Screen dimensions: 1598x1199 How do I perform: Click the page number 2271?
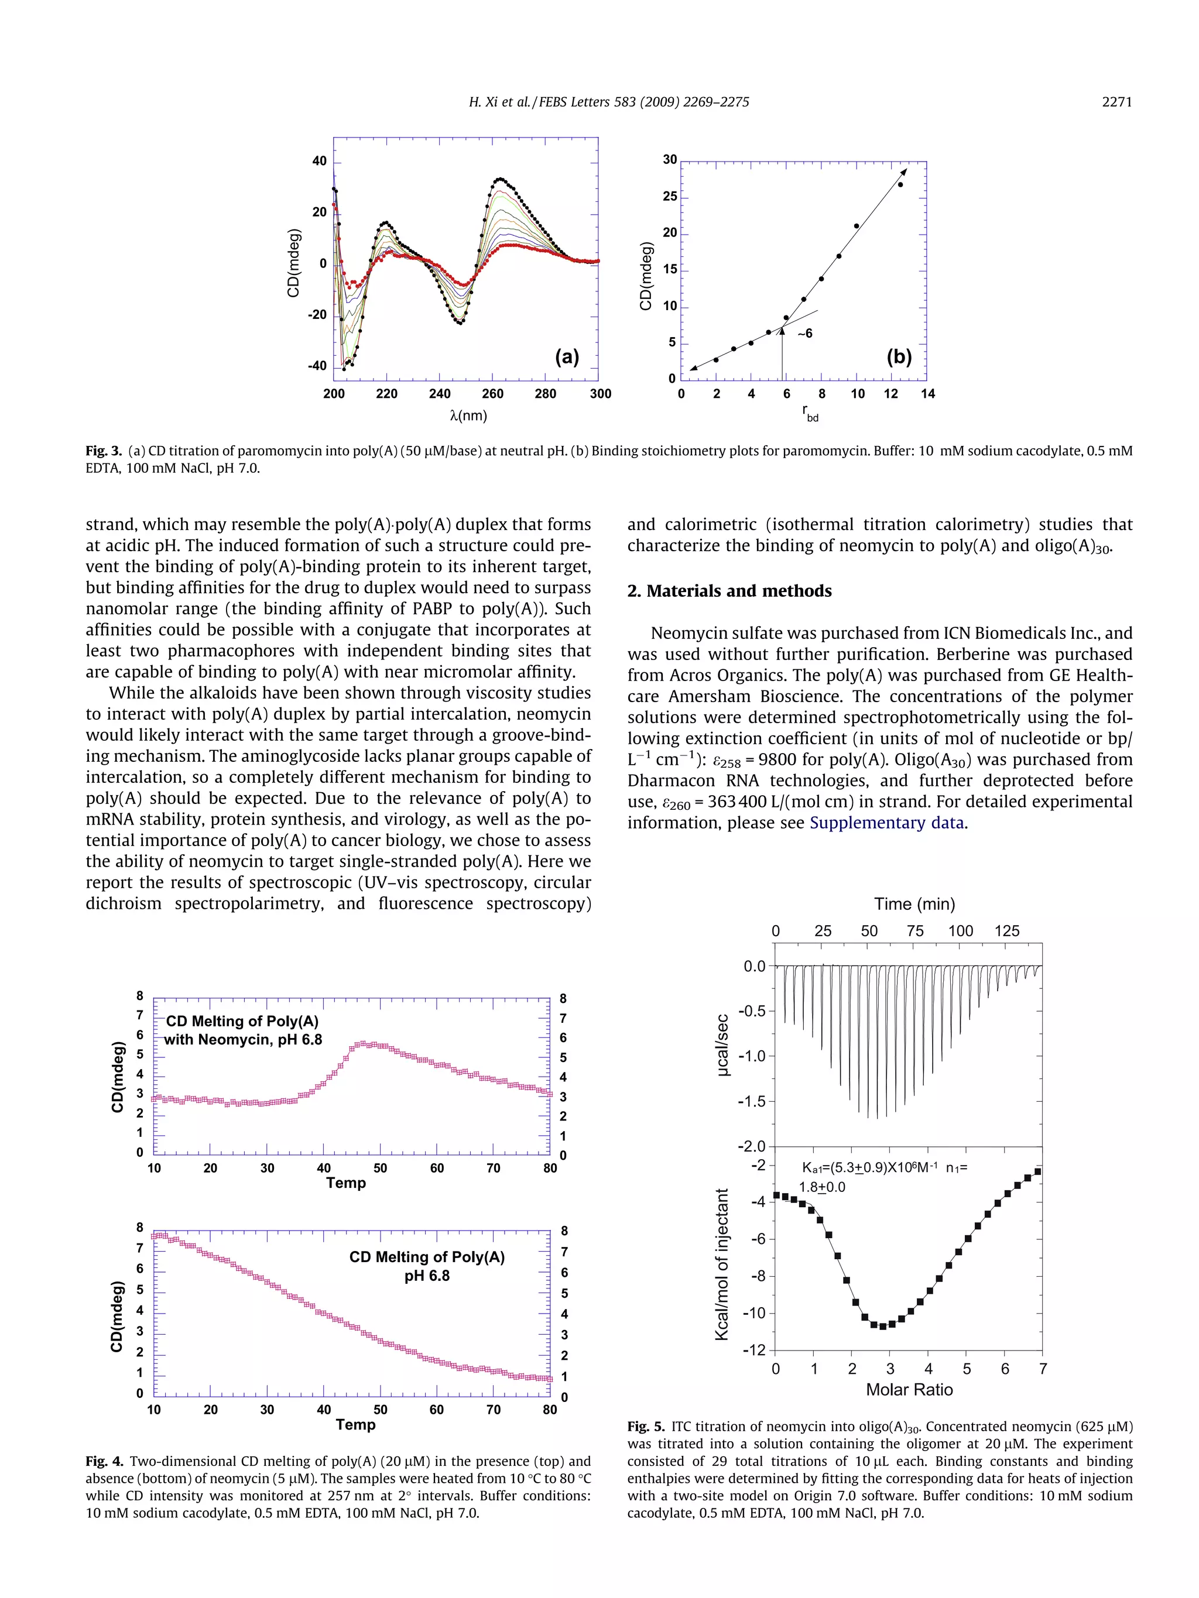click(1116, 102)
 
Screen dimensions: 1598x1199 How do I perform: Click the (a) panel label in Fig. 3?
click(567, 357)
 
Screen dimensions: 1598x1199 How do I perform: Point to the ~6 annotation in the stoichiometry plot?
click(804, 334)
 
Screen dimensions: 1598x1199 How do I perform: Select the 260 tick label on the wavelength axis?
click(492, 394)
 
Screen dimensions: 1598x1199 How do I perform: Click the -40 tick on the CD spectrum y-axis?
click(317, 366)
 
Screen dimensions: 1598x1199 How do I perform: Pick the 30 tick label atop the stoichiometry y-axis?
click(670, 160)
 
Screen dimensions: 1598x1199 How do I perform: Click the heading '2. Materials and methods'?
click(729, 591)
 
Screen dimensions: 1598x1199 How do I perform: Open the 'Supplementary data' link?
click(886, 823)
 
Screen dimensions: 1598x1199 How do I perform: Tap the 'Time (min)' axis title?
click(914, 905)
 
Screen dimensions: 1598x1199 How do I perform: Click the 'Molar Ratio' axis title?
click(909, 1389)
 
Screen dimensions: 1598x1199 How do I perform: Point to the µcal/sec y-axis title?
click(722, 1044)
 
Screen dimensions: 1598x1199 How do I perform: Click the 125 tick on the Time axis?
click(1007, 931)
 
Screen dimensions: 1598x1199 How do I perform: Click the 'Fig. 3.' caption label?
click(104, 451)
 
